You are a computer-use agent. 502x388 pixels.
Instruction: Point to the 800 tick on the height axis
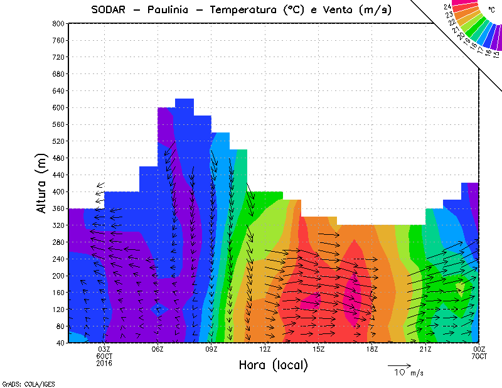[58, 23]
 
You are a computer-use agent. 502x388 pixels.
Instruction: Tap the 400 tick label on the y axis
[58, 191]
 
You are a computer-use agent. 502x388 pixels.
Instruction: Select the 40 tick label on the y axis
[60, 343]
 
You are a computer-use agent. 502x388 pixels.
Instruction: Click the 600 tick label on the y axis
[58, 107]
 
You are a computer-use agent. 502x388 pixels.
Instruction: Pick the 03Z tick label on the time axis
[104, 350]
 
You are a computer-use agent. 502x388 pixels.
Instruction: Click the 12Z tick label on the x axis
[265, 350]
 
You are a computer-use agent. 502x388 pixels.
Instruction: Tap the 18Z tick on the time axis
[372, 350]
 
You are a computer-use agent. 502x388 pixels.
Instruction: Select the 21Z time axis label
[425, 350]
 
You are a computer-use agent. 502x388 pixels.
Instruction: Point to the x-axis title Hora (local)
[274, 365]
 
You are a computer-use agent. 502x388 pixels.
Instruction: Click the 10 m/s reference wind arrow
[398, 365]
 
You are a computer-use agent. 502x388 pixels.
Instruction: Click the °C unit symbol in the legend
[491, 19]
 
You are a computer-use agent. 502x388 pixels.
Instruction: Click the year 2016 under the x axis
[104, 363]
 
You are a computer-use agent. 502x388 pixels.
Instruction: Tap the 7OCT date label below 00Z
[479, 357]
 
